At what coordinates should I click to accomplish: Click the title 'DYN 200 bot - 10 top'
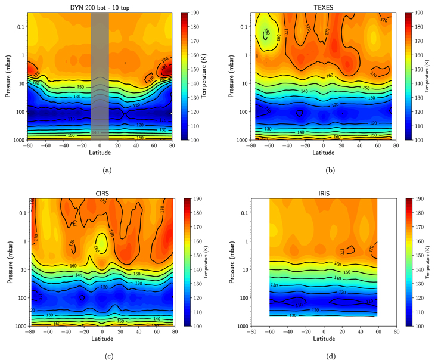[x=100, y=5]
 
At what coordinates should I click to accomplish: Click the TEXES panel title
[x=324, y=5]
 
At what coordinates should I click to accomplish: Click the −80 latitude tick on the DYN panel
[x=27, y=146]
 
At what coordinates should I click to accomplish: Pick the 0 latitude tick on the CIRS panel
[x=102, y=333]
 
